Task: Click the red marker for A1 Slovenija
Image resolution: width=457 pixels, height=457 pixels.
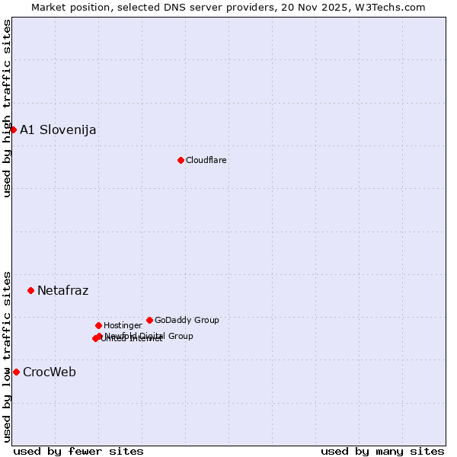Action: click(x=13, y=129)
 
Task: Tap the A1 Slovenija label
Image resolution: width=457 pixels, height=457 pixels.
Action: click(x=58, y=129)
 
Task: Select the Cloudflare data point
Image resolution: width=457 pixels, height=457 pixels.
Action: click(x=181, y=160)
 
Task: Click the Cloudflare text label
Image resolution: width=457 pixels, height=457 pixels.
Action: click(x=206, y=160)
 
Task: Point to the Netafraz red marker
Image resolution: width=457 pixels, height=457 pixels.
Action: click(x=30, y=290)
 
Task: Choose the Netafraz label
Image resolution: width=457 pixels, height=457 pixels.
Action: click(x=62, y=290)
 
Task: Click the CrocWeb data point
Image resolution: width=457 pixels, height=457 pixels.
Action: click(x=16, y=372)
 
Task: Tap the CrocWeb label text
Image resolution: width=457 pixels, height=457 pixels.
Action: click(x=50, y=372)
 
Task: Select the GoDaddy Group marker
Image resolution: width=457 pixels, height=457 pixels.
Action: click(x=149, y=320)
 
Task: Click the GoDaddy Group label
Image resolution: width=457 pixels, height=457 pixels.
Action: click(x=187, y=320)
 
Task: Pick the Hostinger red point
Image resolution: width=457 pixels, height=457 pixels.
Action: click(x=98, y=325)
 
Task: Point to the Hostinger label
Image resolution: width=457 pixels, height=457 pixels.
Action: click(x=123, y=325)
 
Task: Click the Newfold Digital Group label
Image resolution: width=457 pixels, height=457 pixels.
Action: click(x=149, y=335)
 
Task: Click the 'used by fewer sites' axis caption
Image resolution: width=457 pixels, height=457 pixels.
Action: click(x=78, y=451)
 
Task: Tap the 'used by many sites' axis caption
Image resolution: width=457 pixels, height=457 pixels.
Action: click(x=382, y=451)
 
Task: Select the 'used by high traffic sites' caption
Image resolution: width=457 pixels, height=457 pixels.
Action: click(x=7, y=108)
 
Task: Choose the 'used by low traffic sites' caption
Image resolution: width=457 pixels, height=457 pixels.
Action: click(x=7, y=356)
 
